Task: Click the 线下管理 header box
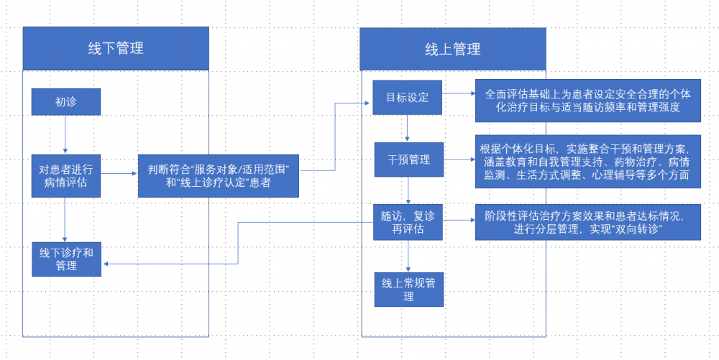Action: click(x=116, y=48)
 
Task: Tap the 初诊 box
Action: click(x=66, y=102)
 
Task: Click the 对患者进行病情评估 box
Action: click(x=66, y=175)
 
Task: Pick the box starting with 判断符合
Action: click(x=218, y=175)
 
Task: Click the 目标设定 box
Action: click(x=407, y=97)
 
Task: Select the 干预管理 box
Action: click(x=408, y=159)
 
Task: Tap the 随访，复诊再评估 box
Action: click(x=408, y=222)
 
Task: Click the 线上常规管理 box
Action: click(x=408, y=289)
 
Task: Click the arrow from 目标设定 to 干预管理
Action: click(x=408, y=128)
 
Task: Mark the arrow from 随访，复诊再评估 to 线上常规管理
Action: click(x=408, y=255)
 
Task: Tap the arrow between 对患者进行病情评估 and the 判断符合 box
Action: click(x=119, y=172)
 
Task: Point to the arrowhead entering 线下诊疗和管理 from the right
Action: click(x=106, y=264)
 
